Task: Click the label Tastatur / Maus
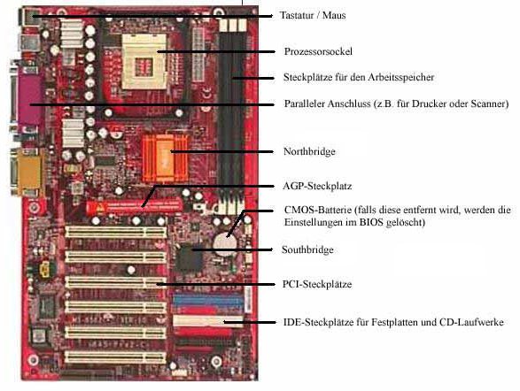313,15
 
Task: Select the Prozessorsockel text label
318,51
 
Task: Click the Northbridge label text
309,151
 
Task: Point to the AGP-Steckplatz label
317,186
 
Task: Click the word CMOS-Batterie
318,210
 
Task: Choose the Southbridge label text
307,249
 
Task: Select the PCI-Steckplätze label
317,284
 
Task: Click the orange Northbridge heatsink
164,158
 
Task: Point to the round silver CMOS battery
225,244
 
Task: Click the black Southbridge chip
189,258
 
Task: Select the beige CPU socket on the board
144,62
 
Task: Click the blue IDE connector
207,301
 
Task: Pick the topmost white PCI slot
116,232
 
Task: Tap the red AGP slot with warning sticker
134,207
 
